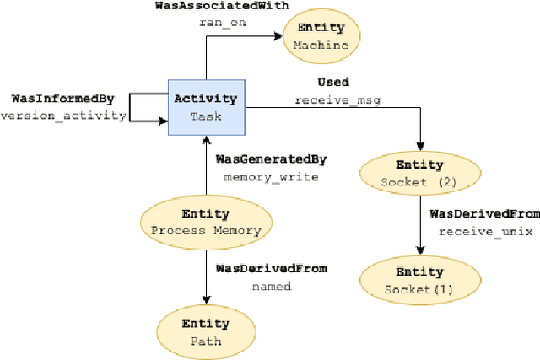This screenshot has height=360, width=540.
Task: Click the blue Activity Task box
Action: pos(206,107)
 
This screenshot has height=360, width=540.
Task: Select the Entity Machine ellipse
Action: pos(321,37)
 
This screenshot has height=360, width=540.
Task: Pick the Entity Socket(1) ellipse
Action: pos(419,281)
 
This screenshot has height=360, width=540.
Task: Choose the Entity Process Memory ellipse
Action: pos(206,222)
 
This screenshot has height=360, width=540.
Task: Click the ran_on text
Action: pos(223,23)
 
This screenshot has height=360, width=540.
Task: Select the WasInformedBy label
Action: pos(57,99)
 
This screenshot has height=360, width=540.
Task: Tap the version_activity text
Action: pos(62,116)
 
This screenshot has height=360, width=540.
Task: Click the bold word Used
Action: pos(333,83)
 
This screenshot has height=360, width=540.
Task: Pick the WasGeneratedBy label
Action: pos(271,159)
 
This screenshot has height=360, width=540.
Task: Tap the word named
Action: pos(271,286)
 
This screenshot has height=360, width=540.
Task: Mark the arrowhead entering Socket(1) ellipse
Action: pos(419,253)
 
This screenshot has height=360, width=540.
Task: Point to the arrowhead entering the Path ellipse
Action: pos(206,301)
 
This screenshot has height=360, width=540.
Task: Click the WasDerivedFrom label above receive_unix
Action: pos(484,214)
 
